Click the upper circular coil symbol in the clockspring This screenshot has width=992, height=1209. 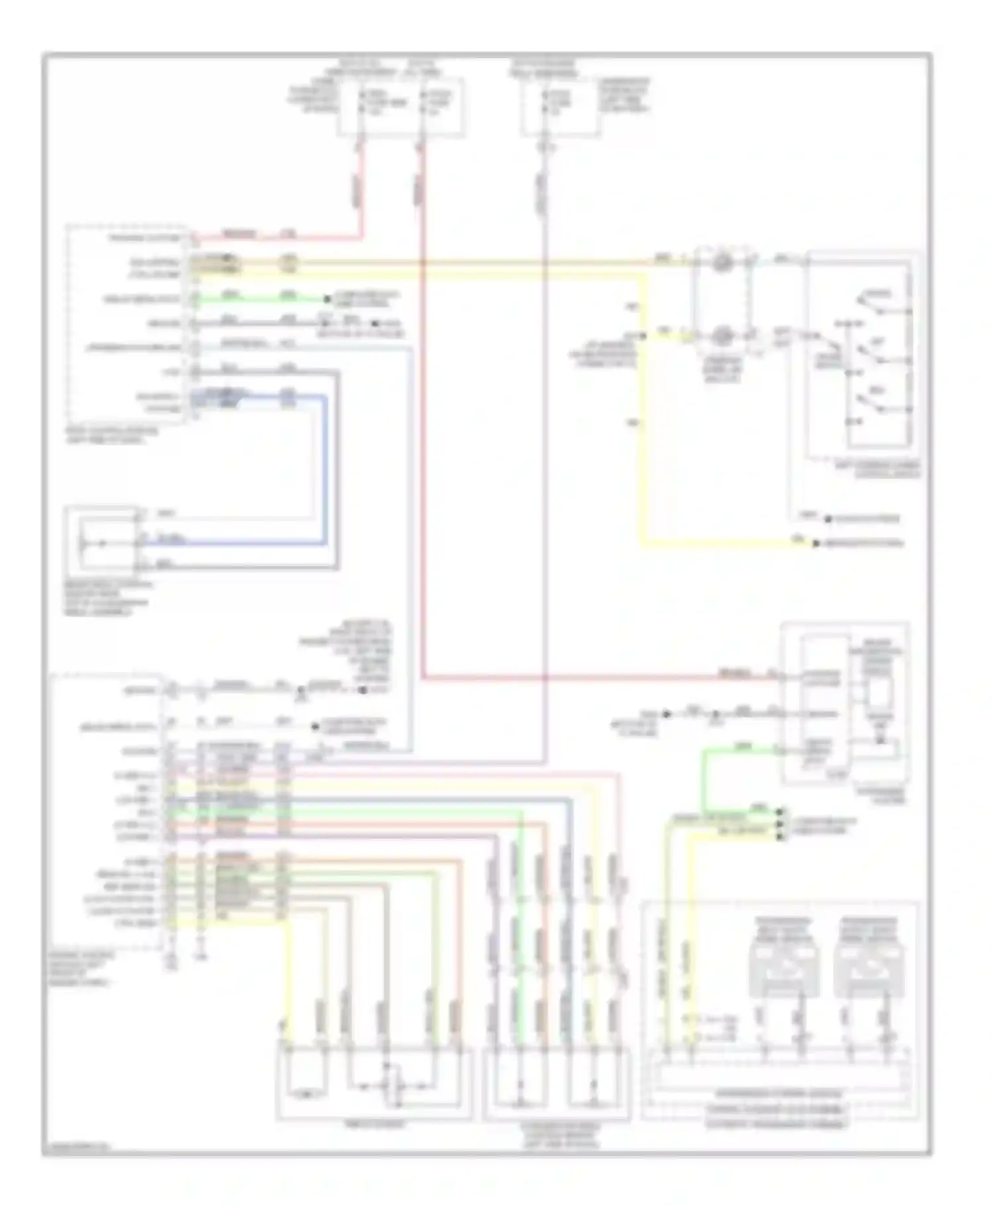click(x=722, y=262)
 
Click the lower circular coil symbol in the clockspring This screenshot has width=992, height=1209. click(x=722, y=337)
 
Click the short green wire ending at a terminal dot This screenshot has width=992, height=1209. click(x=265, y=299)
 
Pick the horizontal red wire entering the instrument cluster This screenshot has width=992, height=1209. click(x=595, y=677)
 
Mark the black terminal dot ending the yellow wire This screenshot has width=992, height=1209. click(x=817, y=544)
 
